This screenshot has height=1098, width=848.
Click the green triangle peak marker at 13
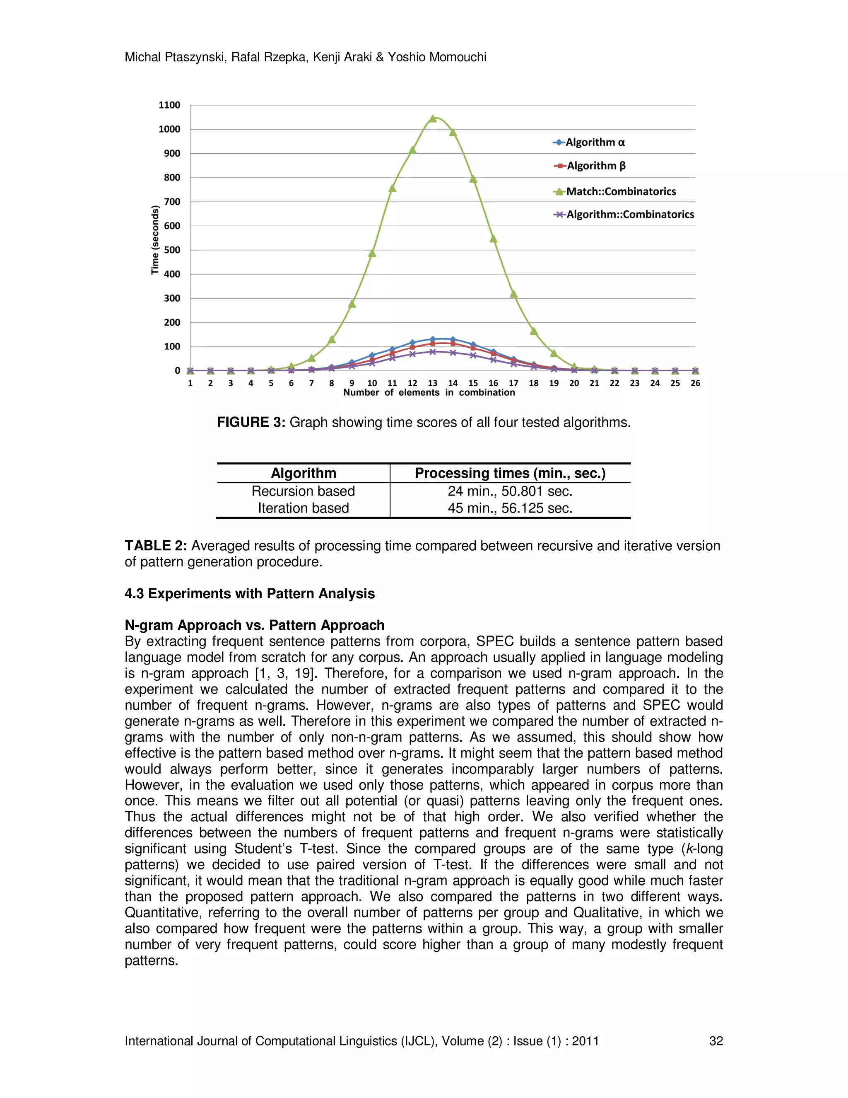433,119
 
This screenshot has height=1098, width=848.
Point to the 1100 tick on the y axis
169,105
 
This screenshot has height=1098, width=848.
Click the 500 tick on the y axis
172,250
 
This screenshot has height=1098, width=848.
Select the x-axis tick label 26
695,383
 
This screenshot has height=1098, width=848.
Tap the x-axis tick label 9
352,383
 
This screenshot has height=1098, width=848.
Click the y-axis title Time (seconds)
155,240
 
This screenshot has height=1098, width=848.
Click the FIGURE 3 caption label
251,422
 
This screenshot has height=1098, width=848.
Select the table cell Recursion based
303,491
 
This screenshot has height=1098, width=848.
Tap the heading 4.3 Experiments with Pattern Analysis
250,594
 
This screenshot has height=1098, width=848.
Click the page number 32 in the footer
715,1041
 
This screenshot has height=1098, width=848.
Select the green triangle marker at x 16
493,239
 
